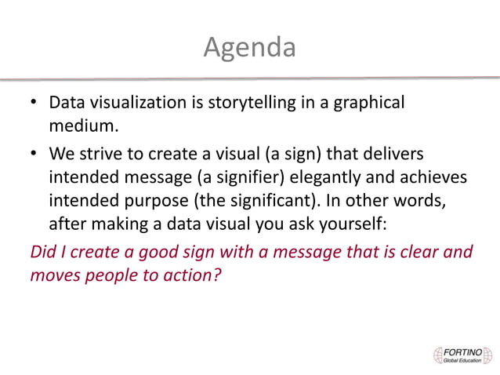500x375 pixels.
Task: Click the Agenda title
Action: pyautogui.click(x=250, y=49)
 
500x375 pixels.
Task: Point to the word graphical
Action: pyautogui.click(x=366, y=103)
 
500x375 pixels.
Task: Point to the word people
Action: pyautogui.click(x=114, y=276)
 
